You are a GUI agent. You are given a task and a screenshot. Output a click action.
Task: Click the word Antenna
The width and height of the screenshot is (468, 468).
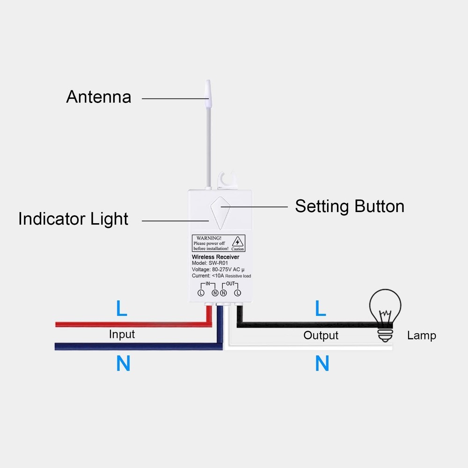click(x=98, y=97)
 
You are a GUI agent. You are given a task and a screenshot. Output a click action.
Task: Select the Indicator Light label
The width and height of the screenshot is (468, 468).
click(x=73, y=219)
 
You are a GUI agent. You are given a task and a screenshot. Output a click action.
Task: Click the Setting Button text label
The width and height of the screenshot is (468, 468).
click(x=349, y=206)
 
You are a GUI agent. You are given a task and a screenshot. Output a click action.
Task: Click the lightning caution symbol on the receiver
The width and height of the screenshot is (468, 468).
click(x=238, y=242)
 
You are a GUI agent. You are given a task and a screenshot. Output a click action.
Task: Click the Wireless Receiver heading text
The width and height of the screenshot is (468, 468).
click(x=215, y=257)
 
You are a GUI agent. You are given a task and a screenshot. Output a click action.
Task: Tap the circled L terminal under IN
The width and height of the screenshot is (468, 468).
click(x=201, y=293)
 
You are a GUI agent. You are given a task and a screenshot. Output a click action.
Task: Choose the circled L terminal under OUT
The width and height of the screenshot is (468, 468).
click(x=237, y=293)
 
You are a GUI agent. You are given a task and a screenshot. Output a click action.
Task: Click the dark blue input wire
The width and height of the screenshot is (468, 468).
click(x=131, y=346)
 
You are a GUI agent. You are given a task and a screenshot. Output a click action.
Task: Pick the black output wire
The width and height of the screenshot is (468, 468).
click(x=304, y=324)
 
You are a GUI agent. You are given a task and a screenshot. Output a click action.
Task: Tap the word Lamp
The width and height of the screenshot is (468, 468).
click(x=421, y=335)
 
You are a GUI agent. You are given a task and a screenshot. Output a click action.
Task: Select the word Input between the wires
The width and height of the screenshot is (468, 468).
click(x=122, y=334)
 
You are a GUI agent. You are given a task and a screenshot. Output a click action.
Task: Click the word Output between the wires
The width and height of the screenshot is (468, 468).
click(x=321, y=335)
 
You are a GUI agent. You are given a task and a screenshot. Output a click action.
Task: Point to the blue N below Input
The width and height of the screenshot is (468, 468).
click(x=123, y=364)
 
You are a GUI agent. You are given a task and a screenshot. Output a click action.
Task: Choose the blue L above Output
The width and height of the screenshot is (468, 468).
click(x=320, y=308)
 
